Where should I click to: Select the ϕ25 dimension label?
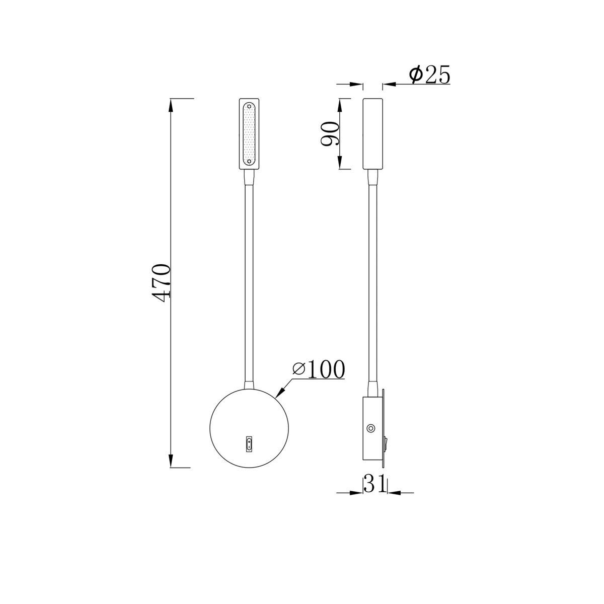tap(429, 75)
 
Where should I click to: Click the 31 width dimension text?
tap(374, 484)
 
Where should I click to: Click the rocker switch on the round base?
tap(249, 443)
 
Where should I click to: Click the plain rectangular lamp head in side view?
tap(372, 133)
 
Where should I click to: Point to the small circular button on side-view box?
tap(370, 429)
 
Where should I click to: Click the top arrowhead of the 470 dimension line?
tap(172, 105)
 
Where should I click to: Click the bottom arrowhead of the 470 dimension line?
tap(172, 461)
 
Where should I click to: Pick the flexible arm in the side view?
tap(372, 282)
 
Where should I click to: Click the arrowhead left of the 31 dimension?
tap(357, 492)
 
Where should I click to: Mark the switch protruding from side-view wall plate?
tap(386, 443)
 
